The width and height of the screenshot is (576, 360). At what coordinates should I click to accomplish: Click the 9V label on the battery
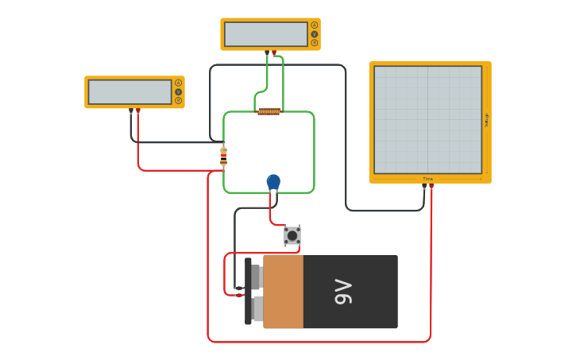pyautogui.click(x=343, y=292)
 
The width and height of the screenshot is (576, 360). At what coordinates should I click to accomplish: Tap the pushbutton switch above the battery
pyautogui.click(x=292, y=235)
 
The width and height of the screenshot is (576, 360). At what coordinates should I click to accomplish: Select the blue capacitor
pyautogui.click(x=273, y=182)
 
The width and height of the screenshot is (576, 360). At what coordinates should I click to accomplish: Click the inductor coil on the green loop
pyautogui.click(x=269, y=111)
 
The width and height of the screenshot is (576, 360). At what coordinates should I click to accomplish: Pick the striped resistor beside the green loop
pyautogui.click(x=223, y=157)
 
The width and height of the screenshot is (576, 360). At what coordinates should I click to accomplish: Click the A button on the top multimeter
pyautogui.click(x=315, y=25)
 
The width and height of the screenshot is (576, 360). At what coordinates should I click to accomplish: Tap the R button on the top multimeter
pyautogui.click(x=315, y=43)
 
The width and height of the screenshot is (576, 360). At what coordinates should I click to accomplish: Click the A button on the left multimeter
pyautogui.click(x=178, y=83)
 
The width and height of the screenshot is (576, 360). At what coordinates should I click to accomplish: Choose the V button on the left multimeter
pyautogui.click(x=178, y=91)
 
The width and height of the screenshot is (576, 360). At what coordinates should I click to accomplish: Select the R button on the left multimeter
pyautogui.click(x=178, y=100)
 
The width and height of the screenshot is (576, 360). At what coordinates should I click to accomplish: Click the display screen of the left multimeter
pyautogui.click(x=130, y=91)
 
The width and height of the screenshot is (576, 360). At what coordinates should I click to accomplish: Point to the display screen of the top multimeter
pyautogui.click(x=265, y=34)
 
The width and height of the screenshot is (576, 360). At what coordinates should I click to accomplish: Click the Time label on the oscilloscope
pyautogui.click(x=427, y=179)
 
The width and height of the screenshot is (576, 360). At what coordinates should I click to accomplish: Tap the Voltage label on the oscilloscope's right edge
pyautogui.click(x=486, y=119)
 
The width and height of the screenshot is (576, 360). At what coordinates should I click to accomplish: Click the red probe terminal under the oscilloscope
pyautogui.click(x=431, y=188)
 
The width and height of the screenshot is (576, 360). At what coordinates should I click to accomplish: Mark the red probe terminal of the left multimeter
pyautogui.click(x=138, y=110)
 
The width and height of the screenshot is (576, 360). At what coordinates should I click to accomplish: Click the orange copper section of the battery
pyautogui.click(x=283, y=292)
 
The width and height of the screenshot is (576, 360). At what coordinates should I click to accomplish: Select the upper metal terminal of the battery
pyautogui.click(x=257, y=277)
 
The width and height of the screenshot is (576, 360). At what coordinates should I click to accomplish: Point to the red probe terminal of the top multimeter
pyautogui.click(x=274, y=52)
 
